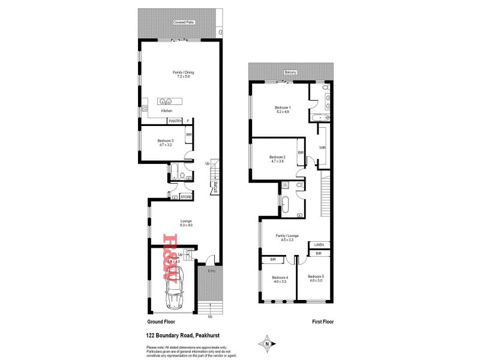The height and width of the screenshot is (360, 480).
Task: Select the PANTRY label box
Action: coord(175,121)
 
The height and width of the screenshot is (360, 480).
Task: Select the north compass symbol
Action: coord(266,344)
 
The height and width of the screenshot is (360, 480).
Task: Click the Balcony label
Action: coord(290,73)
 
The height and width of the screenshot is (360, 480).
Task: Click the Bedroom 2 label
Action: coord(277,159)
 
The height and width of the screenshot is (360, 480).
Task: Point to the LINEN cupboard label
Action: coord(318,245)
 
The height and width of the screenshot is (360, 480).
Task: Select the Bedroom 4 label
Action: coord(280,279)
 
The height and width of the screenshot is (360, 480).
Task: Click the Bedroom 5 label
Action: coord(316,278)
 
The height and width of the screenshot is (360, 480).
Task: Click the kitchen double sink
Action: coord(166,101)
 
